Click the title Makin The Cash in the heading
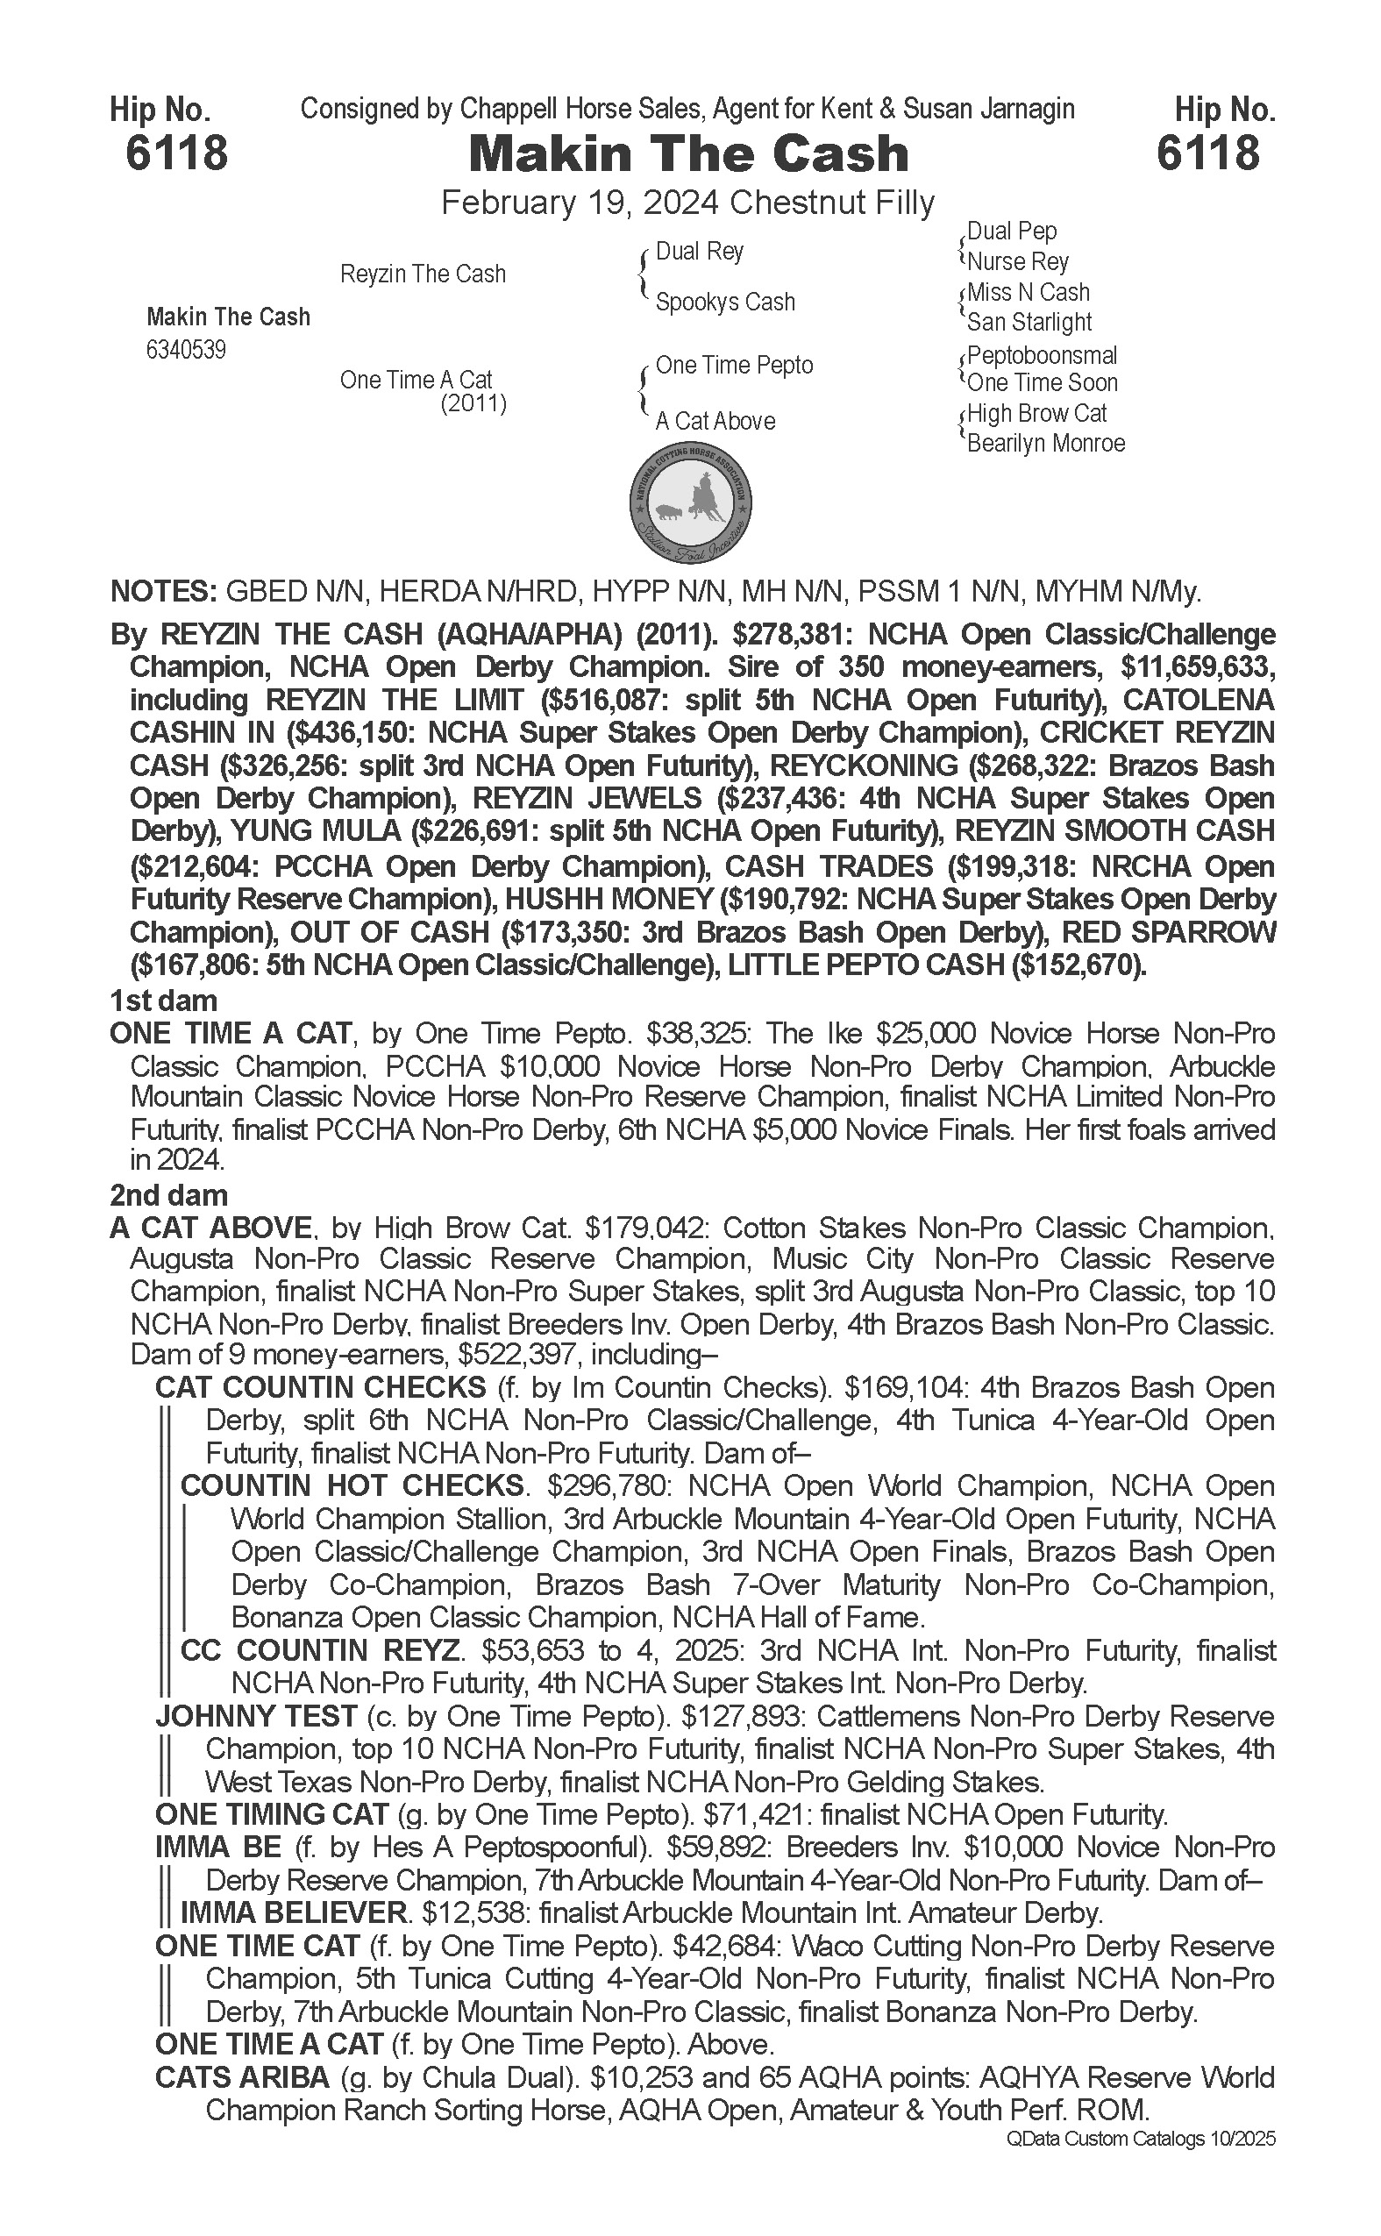point(687,154)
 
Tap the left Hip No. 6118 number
point(176,153)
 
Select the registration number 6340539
point(185,351)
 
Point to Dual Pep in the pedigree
point(1011,231)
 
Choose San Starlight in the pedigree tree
point(1029,323)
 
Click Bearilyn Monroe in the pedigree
point(1046,444)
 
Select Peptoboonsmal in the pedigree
point(1042,355)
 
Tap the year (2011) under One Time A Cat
point(473,403)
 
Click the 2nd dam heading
point(168,1196)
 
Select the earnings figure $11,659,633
point(1185,666)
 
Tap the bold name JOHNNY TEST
point(255,1716)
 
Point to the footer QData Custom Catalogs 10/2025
point(1141,2139)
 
